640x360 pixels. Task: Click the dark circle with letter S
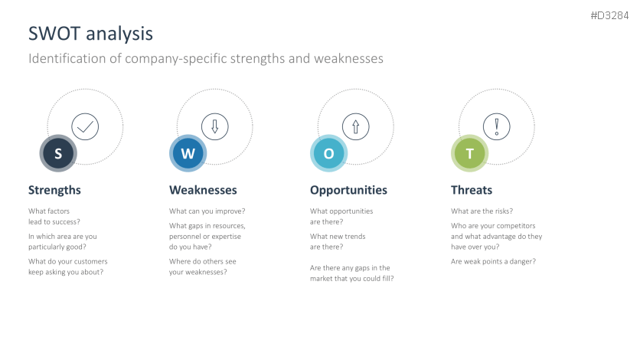coord(58,153)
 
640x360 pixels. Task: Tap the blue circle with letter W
coord(188,153)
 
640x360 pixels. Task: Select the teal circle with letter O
coord(329,153)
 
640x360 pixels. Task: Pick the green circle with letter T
coord(470,153)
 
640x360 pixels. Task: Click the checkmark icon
coord(85,126)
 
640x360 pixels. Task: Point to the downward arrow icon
coord(214,126)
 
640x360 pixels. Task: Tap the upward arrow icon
coord(355,126)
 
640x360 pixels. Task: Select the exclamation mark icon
coord(496,126)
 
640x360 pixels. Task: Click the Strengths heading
coord(54,190)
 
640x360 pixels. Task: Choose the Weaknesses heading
coord(203,190)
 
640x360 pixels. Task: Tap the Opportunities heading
coord(348,190)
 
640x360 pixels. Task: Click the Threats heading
coord(472,190)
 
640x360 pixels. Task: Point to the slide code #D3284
coord(609,15)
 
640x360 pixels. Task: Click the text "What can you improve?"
coord(207,211)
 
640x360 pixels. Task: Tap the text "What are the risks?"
coord(482,211)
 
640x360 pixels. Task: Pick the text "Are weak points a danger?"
coord(494,262)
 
